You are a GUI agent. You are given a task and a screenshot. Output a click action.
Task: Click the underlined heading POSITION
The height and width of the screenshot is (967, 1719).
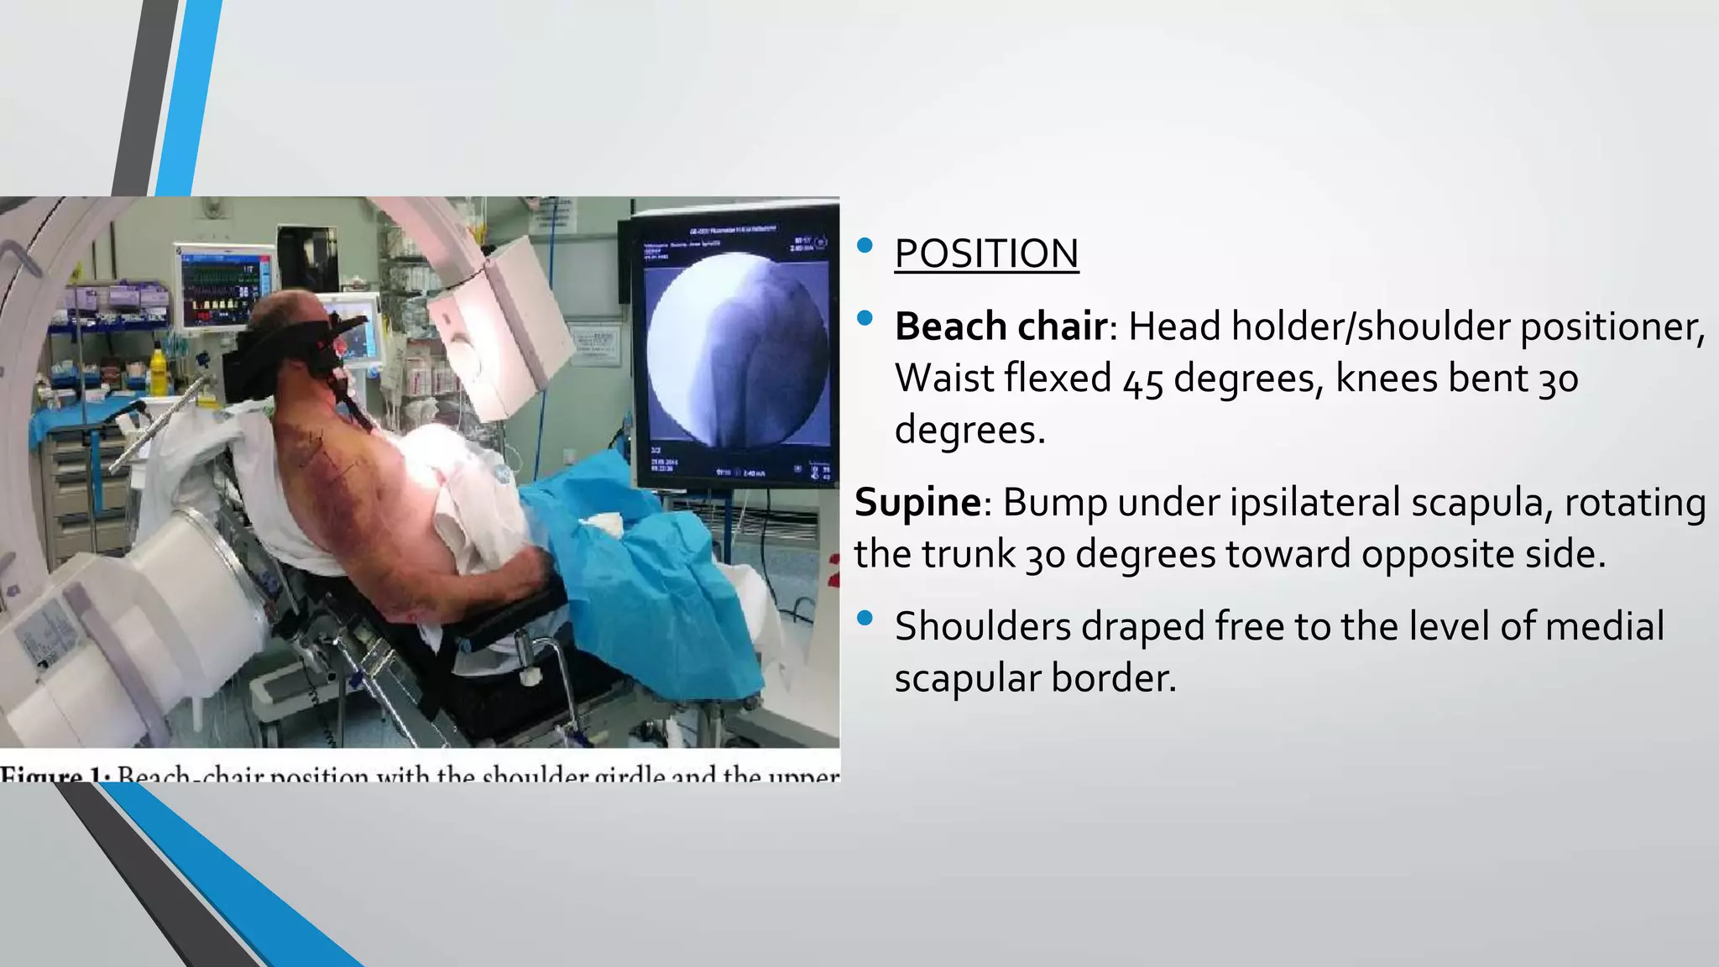click(986, 254)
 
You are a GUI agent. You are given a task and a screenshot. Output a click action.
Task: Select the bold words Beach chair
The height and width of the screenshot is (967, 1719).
click(1001, 327)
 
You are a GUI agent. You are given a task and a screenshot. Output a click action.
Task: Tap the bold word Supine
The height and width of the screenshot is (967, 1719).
click(917, 503)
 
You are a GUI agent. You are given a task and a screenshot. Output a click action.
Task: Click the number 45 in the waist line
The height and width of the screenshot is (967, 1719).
click(1142, 380)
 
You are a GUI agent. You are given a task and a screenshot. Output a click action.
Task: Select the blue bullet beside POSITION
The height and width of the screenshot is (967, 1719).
click(865, 246)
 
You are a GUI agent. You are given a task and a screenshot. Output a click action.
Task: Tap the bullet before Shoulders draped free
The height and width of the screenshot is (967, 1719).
click(865, 619)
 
